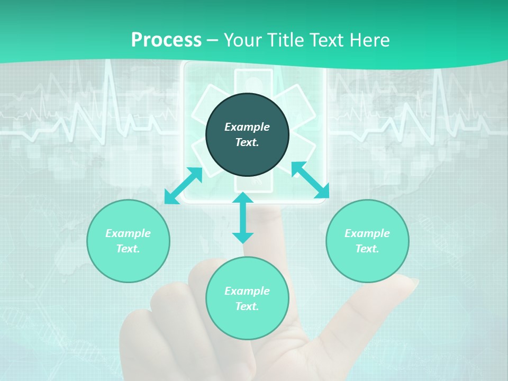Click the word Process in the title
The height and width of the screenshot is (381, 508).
tap(166, 40)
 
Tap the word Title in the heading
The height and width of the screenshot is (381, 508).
tap(286, 40)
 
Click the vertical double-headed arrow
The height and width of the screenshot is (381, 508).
tap(243, 218)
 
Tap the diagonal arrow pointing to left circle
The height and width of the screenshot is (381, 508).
tap(184, 186)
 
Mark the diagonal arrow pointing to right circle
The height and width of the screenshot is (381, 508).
tap(310, 180)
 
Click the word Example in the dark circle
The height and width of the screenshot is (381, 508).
tap(247, 127)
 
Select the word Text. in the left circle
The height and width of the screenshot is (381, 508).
tap(128, 249)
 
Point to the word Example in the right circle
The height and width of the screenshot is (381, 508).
tap(367, 233)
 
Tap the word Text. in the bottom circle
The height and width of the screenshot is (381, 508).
tap(247, 306)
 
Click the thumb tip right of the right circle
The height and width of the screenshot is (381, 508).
tap(410, 283)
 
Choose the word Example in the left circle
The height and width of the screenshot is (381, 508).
tap(128, 233)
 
